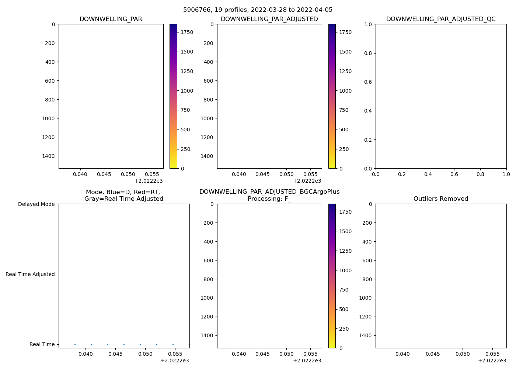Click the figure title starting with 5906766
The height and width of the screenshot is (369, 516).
pos(258,10)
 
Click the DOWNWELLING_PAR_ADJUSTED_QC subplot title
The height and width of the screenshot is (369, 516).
pos(441,19)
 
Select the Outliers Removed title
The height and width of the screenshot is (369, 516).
pos(441,199)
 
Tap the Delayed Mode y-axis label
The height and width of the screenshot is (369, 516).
pos(36,204)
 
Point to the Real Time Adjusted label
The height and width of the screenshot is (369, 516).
pos(30,274)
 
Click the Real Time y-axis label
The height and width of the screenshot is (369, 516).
pos(42,344)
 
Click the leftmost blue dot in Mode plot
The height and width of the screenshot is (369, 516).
pos(75,344)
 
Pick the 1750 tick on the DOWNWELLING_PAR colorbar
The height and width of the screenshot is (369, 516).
pos(186,32)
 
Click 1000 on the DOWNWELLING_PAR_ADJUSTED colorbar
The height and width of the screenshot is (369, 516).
pos(345,91)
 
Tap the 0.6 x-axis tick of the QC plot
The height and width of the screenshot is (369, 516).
pos(454,174)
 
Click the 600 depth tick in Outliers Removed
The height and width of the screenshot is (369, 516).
pos(367,261)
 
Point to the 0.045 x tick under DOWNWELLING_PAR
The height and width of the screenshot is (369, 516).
pos(104,174)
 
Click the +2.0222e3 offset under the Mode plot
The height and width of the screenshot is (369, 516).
pos(175,361)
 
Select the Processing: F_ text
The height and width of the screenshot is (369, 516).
pos(269,199)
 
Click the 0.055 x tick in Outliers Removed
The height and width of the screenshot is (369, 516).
pos(493,354)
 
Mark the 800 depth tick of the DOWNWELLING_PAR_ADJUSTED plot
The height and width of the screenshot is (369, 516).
pos(209,100)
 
